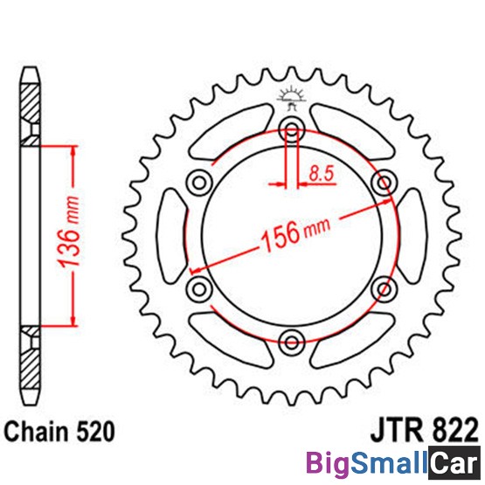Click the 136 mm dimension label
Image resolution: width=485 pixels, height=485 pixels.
[69, 231]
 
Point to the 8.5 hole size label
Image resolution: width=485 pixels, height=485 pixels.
[322, 174]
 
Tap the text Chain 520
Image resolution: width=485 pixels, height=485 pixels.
[59, 431]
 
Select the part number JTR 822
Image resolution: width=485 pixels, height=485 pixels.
[424, 430]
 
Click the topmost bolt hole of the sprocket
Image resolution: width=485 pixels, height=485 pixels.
[292, 129]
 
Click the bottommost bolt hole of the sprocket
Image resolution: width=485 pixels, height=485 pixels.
[292, 343]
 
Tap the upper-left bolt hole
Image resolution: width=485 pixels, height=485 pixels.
[199, 183]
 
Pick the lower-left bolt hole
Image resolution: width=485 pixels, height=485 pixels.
[199, 289]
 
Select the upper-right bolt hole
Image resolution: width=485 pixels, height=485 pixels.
[385, 183]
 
